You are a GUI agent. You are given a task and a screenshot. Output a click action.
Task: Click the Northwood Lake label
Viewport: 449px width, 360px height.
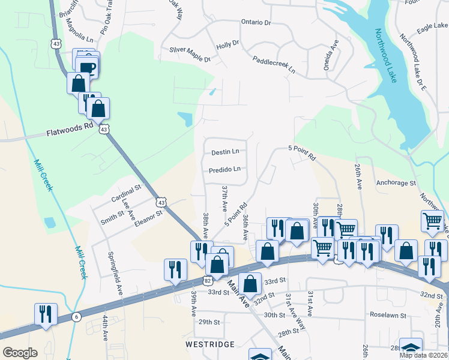[x=385, y=56]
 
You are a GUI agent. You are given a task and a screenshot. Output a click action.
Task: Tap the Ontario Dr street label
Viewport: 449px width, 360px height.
[x=256, y=22]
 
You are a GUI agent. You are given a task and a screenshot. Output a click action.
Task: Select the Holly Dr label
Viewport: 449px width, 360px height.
[x=228, y=44]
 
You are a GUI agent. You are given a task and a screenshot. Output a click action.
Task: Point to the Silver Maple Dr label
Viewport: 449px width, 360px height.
[x=190, y=55]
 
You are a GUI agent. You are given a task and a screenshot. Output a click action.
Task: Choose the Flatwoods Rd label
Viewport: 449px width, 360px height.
[x=70, y=130]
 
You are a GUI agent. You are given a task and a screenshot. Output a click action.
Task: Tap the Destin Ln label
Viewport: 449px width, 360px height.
[x=224, y=152]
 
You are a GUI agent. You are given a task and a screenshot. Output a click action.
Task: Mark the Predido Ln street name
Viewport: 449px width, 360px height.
[x=224, y=170]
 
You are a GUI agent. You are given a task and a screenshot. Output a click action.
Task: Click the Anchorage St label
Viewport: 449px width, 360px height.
[x=396, y=182]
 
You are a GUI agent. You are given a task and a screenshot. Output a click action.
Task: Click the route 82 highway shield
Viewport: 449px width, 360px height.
[x=208, y=280]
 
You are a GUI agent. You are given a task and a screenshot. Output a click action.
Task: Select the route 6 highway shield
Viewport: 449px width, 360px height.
[x=76, y=317]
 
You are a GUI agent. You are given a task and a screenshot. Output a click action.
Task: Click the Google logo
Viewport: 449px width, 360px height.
[x=20, y=353]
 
